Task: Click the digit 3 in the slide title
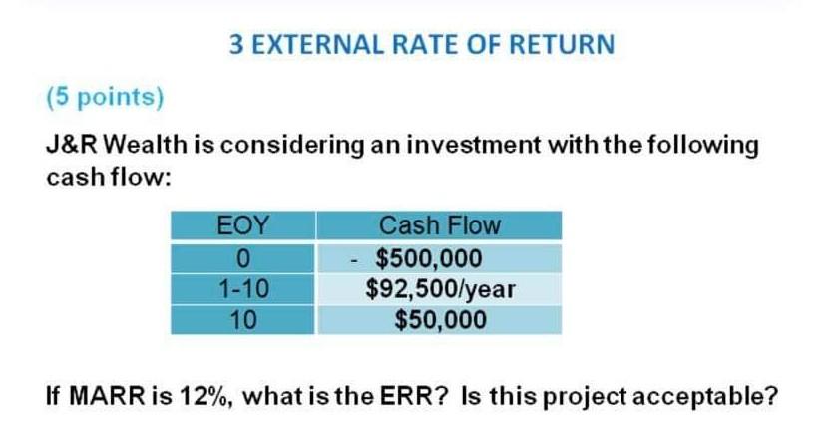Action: point(236,44)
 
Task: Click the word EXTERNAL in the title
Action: point(318,44)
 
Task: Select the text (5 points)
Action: point(105,97)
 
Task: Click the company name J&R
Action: point(71,144)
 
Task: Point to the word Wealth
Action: point(146,144)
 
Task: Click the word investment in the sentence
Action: point(473,144)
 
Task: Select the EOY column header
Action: point(242,225)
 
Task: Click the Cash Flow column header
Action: point(439,225)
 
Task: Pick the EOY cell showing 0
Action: point(242,258)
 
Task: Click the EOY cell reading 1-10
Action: point(242,289)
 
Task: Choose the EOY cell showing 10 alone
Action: point(242,320)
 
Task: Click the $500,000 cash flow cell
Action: point(439,258)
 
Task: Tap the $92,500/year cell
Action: point(439,289)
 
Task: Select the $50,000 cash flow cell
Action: point(439,320)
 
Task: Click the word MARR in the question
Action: point(107,396)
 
